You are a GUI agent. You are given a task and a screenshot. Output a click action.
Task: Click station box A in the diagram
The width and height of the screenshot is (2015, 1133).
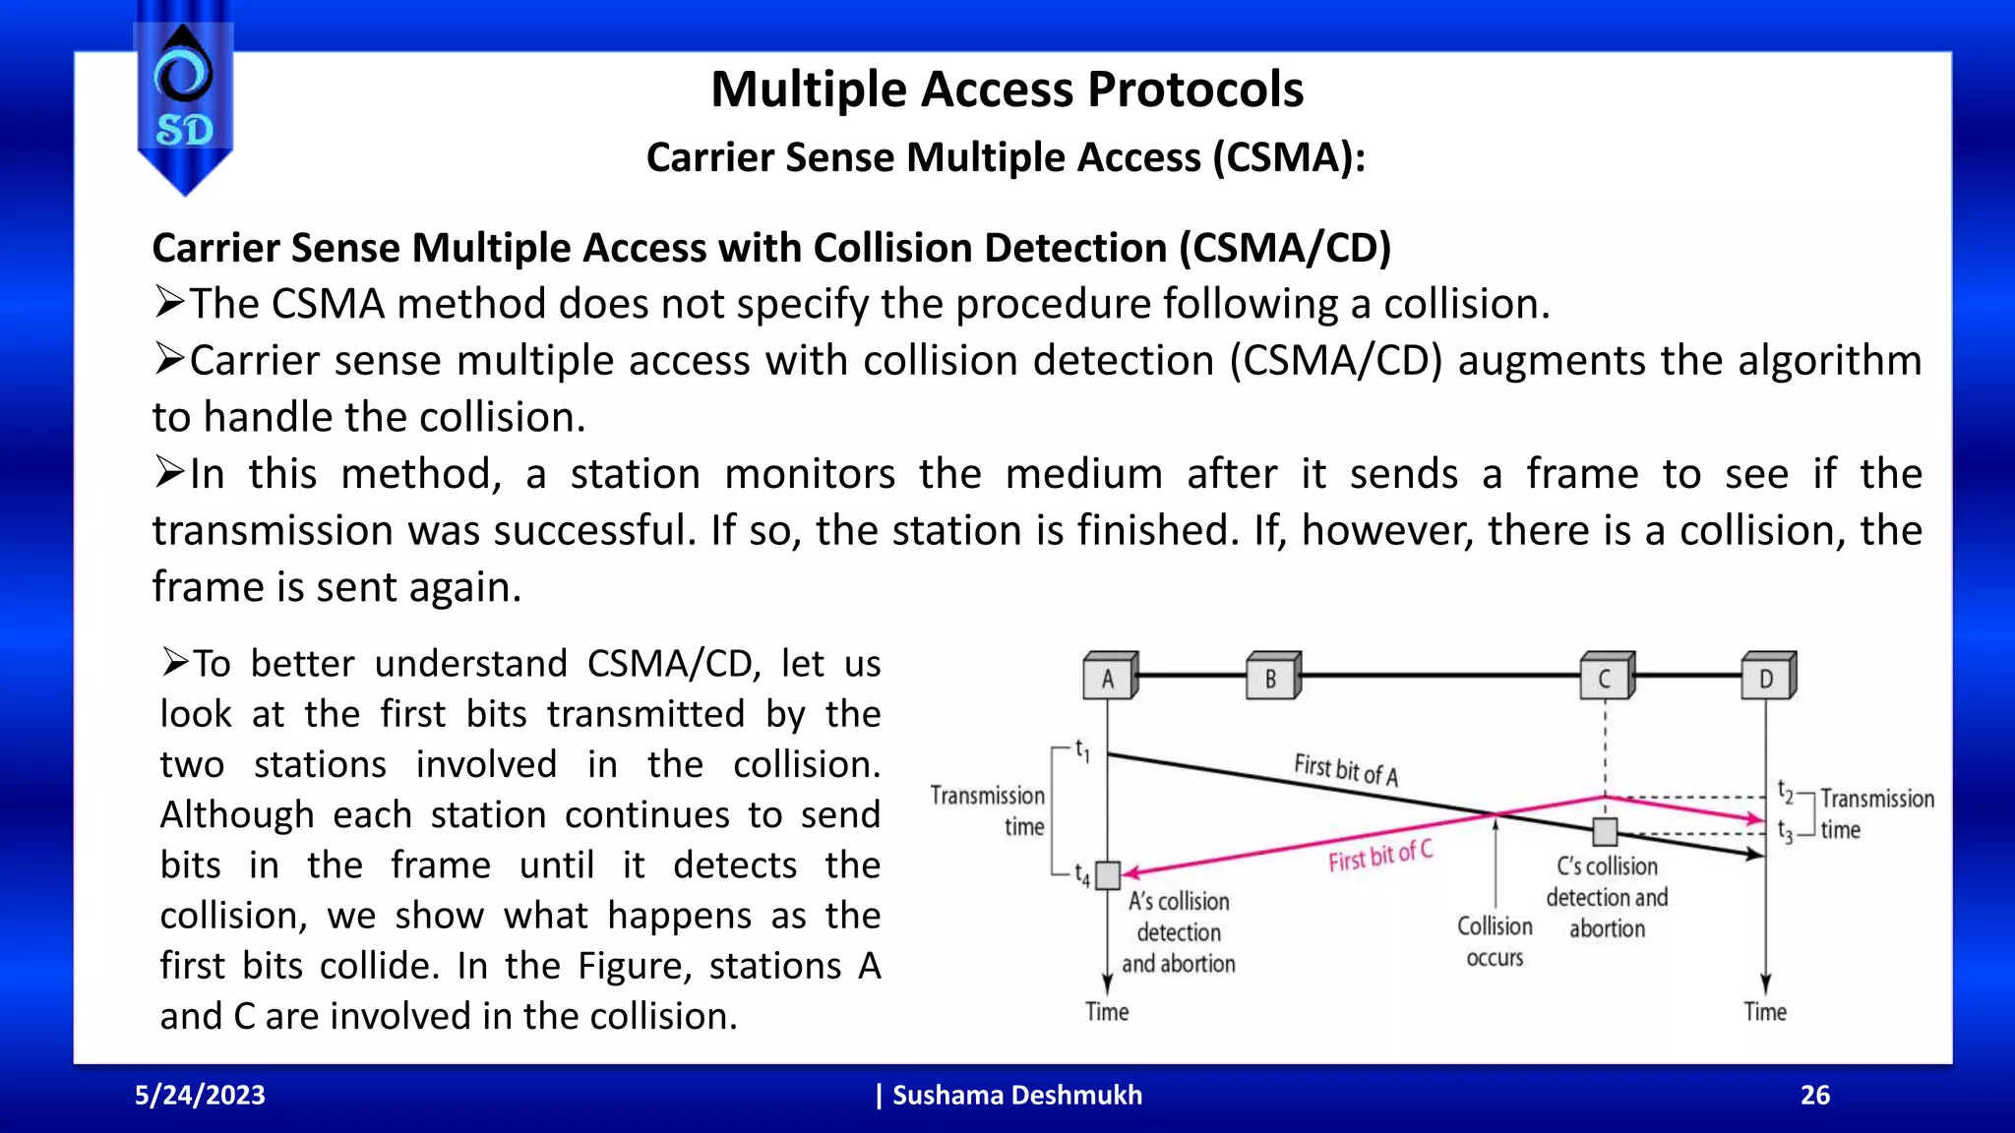pos(1109,678)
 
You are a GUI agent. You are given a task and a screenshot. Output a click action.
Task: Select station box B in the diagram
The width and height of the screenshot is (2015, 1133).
pos(1272,678)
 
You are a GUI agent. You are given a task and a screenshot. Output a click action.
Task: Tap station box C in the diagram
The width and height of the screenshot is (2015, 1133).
pos(1606,678)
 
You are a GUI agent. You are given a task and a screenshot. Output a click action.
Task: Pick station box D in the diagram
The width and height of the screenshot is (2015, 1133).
pos(1767,678)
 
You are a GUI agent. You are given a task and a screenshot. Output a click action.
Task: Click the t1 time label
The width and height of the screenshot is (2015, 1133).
pos(1082,751)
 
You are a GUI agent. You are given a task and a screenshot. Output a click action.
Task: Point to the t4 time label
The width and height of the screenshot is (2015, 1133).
pos(1082,874)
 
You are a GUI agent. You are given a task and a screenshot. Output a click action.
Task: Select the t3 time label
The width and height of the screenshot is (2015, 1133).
pos(1786,833)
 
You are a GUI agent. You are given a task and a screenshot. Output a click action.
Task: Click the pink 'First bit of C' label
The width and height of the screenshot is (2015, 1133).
pos(1380,856)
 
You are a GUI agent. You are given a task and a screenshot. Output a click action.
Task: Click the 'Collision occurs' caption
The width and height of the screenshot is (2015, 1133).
pos(1495,941)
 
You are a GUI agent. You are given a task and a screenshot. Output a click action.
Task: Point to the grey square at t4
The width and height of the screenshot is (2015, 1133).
pos(1109,874)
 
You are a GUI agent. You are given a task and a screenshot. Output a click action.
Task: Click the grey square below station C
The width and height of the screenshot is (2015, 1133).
pos(1606,832)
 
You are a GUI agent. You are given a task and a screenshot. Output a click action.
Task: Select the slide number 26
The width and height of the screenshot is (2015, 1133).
pos(1815,1096)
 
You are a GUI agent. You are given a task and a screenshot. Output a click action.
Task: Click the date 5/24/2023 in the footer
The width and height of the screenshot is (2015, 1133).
pos(200,1096)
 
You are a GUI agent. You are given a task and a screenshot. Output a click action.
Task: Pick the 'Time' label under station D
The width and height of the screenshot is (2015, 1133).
pos(1765,1012)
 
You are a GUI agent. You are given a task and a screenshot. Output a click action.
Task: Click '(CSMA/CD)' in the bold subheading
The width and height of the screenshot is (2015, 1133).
pos(1285,248)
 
